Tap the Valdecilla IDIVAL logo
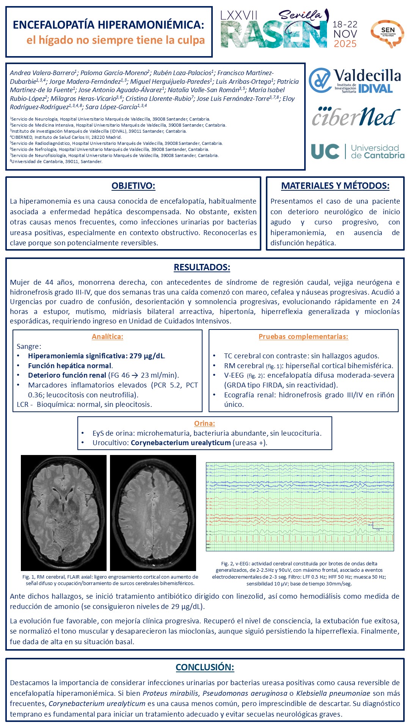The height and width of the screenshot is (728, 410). (355, 81)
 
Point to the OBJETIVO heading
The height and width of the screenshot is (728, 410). (133, 186)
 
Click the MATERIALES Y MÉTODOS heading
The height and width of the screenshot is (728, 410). (335, 186)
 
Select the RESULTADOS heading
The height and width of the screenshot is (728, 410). (202, 267)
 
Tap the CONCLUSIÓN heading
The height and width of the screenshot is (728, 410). (205, 667)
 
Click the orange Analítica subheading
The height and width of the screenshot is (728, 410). (107, 336)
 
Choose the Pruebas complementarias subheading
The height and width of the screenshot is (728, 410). (303, 336)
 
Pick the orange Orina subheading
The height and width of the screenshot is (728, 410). (204, 424)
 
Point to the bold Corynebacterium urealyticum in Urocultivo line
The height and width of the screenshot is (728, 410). (181, 443)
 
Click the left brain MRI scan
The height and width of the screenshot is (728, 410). (64, 513)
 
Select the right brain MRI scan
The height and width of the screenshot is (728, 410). (153, 513)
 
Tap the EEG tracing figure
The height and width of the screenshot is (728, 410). (300, 507)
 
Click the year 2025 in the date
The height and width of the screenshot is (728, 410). (345, 44)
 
